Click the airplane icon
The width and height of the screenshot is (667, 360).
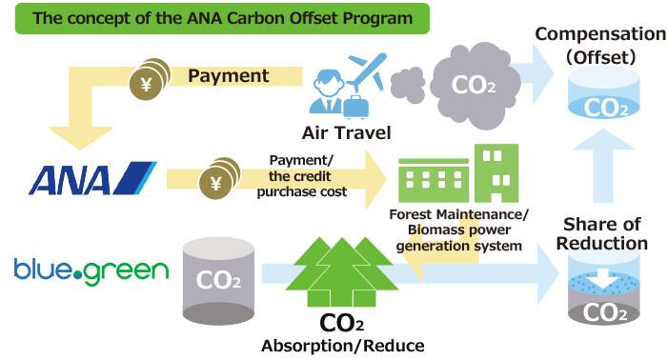366,70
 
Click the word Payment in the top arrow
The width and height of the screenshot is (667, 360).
228,74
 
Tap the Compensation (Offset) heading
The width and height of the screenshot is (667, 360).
599,46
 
